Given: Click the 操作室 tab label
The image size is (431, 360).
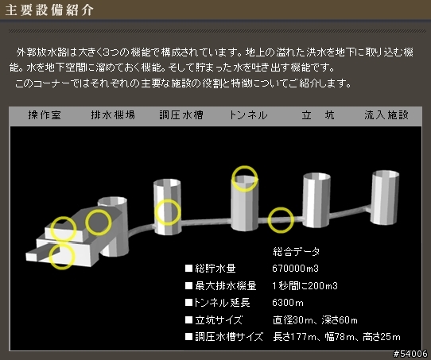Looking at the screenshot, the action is click(45, 114).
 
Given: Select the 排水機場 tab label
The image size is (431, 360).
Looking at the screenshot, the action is click(113, 114).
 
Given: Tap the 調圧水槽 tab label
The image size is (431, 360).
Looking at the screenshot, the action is click(181, 114).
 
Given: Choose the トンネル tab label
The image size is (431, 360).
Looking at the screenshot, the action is click(248, 114).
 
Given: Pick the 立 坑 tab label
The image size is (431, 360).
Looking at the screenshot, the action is click(318, 114).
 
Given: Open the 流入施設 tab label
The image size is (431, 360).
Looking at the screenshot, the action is click(386, 114).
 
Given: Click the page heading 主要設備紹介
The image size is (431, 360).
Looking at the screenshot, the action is click(49, 10).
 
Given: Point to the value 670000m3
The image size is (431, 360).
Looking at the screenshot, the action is click(296, 269).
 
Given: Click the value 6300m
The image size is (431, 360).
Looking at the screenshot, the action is click(288, 303).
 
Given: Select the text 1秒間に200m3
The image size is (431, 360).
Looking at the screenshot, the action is click(305, 286).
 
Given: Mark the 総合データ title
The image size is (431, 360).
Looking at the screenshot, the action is click(297, 251).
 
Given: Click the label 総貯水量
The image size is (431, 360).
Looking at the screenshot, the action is click(215, 269).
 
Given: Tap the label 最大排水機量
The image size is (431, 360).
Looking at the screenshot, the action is click(226, 286).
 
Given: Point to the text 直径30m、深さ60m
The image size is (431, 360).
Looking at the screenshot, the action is click(315, 320).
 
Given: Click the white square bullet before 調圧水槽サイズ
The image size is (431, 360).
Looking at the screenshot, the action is click(188, 337).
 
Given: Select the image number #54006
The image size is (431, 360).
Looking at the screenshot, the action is click(410, 354).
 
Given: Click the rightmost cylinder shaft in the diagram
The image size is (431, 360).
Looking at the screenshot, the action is click(385, 197).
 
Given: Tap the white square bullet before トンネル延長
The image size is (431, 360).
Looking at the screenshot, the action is click(188, 303).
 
